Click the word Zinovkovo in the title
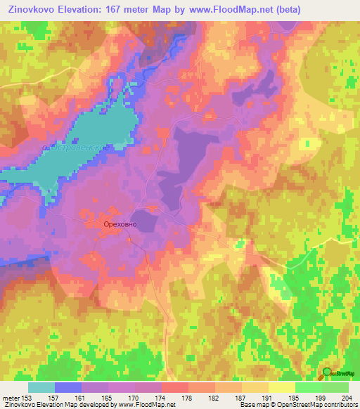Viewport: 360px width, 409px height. [x=30, y=9]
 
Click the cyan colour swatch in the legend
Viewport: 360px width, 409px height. [x=41, y=387]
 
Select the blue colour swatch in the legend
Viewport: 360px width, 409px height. [x=68, y=387]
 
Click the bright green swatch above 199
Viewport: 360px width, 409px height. [x=308, y=387]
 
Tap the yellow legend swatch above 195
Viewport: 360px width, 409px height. [x=281, y=387]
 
